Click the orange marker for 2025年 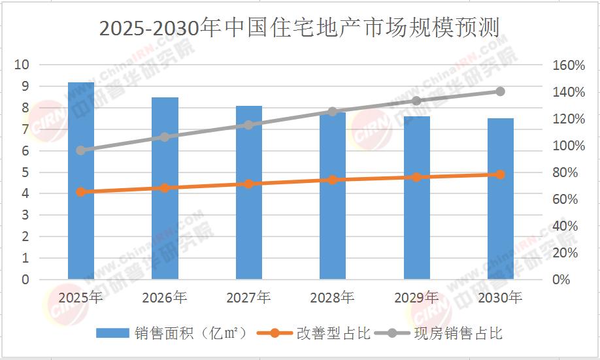[81, 192]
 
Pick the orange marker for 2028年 [333, 180]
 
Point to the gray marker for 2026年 [165, 137]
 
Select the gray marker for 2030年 [500, 91]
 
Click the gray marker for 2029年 [416, 101]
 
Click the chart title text [299, 29]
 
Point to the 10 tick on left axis [22, 65]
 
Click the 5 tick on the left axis [25, 172]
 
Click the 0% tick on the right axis [561, 280]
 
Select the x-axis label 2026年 [165, 298]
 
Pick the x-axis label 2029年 [416, 298]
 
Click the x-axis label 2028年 [333, 298]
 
